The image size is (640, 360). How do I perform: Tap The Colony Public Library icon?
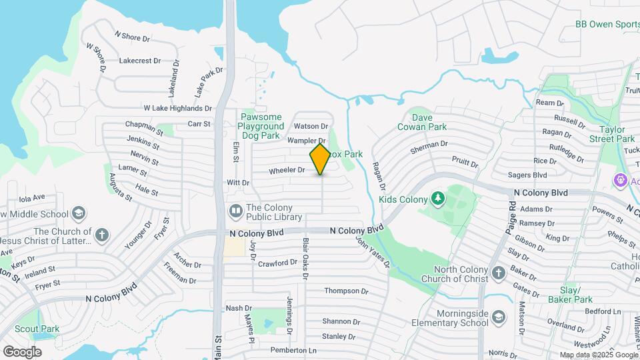(235, 211)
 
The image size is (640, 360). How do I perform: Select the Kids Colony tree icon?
(437, 198)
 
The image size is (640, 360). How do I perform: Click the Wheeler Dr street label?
(287, 171)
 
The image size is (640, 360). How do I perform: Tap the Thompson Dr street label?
(346, 291)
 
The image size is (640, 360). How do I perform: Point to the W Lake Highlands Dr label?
(177, 108)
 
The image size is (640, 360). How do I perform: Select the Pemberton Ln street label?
(293, 350)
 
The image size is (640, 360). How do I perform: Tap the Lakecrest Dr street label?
(140, 61)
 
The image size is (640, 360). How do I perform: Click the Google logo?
(22, 351)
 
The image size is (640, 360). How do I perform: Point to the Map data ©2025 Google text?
(598, 355)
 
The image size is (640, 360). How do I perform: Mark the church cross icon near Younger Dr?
(101, 235)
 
